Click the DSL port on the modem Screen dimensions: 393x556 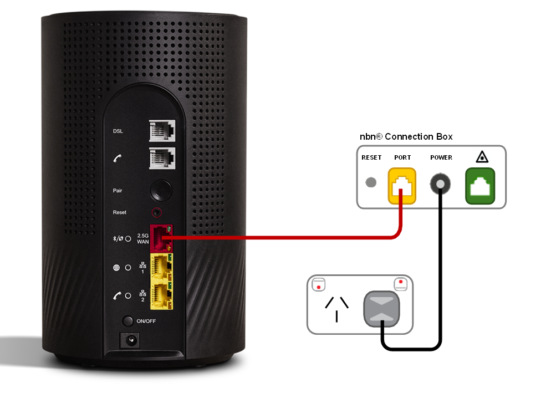162,131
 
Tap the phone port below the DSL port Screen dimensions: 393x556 162,158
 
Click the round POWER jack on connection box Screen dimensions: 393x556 441,182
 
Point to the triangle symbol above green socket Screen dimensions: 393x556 480,158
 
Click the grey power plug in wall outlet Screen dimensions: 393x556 381,308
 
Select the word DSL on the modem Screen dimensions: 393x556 118,131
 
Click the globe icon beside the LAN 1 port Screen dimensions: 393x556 116,267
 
